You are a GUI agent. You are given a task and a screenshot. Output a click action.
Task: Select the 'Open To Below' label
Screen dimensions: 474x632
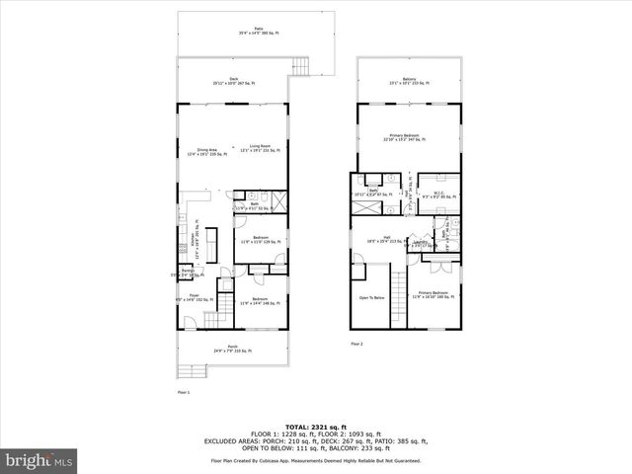(x=371, y=296)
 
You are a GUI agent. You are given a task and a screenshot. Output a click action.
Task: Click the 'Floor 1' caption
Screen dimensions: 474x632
(x=183, y=392)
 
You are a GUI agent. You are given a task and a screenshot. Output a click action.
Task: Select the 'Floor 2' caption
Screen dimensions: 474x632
(x=357, y=345)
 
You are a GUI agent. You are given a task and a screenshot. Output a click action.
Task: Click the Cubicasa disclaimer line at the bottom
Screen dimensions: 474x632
(x=315, y=461)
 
